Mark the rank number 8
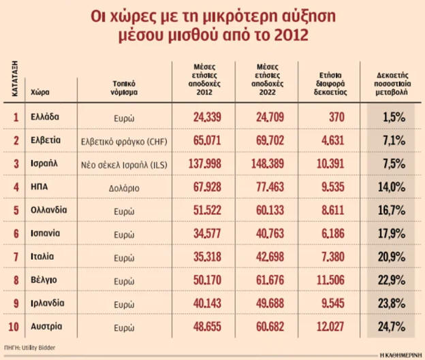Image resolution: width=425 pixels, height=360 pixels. (x=15, y=280)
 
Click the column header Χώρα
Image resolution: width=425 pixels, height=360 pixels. (x=40, y=91)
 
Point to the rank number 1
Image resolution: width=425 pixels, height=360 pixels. (x=15, y=117)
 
